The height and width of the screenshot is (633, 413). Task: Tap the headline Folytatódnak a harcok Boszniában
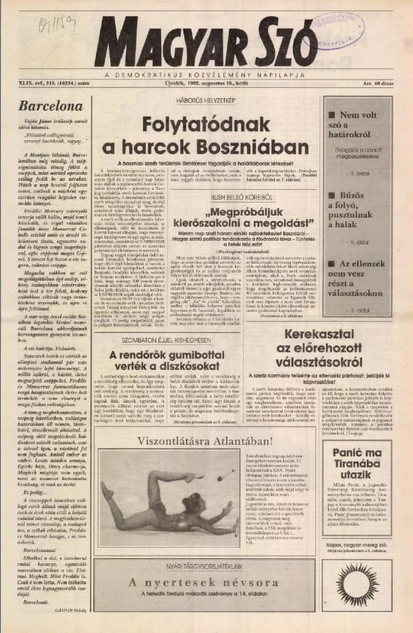pos(205,136)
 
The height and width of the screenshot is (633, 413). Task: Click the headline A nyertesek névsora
pos(206,582)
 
